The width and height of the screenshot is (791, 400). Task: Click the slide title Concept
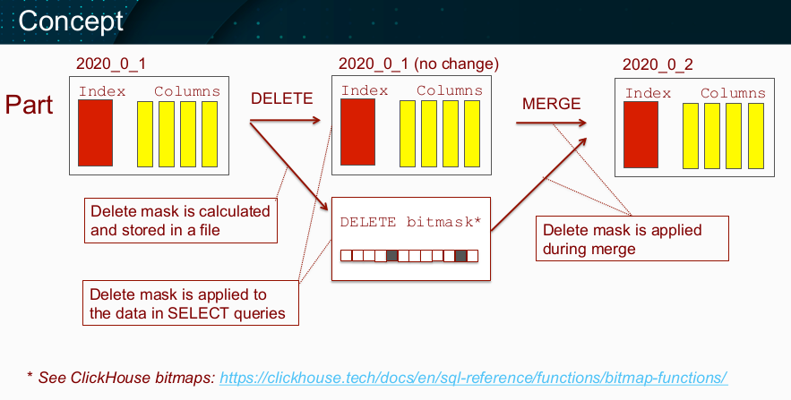71,21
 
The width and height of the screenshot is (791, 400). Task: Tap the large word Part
29,105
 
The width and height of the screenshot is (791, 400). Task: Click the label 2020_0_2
658,64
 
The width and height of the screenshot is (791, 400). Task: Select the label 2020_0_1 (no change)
418,64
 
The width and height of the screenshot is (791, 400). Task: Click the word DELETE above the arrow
282,98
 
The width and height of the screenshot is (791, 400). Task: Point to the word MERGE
552,103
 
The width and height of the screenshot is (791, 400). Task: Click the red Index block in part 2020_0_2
641,134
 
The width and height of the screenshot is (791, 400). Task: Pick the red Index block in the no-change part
357,132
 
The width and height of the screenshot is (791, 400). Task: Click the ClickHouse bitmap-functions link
473,378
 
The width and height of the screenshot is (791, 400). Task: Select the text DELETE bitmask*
410,222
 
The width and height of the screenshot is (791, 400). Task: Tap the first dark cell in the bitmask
392,255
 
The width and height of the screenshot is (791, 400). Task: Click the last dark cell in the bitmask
460,255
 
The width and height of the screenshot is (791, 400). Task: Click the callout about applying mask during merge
632,239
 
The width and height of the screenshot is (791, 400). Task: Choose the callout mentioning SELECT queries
191,302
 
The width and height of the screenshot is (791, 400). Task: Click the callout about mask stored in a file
181,221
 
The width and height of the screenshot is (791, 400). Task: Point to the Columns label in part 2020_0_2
733,93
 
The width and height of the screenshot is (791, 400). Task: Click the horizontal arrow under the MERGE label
552,123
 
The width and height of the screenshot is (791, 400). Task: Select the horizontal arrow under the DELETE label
286,121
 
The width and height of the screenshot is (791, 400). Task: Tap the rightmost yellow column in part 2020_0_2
756,136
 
